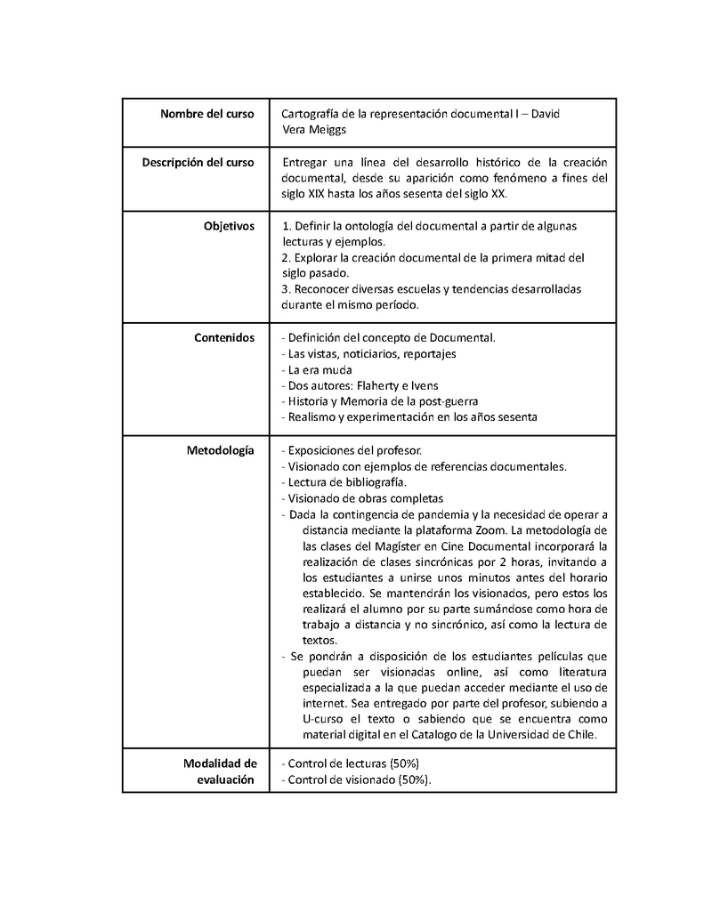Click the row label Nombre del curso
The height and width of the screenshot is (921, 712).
click(x=207, y=114)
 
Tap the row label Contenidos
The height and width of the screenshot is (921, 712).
click(x=224, y=337)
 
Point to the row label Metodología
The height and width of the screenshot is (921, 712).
click(x=220, y=449)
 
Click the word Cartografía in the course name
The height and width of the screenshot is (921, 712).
click(x=310, y=114)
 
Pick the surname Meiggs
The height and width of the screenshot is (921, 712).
click(x=328, y=129)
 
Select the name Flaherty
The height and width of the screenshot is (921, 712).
click(x=381, y=385)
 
